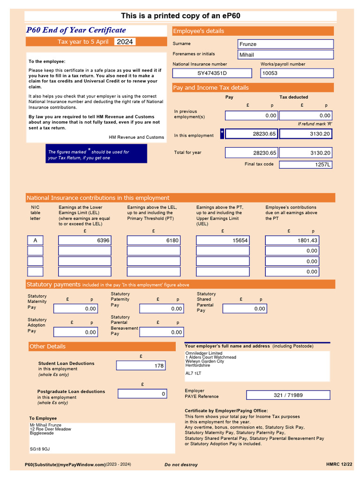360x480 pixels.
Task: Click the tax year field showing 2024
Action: click(x=125, y=42)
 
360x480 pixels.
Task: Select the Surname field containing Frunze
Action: click(x=286, y=44)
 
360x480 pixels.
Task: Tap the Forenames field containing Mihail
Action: click(x=286, y=55)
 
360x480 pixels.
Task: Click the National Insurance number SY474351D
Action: click(x=212, y=73)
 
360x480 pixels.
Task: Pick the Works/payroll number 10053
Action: click(x=297, y=73)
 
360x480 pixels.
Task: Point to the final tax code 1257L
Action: click(x=306, y=165)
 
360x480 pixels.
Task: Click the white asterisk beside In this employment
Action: click(x=222, y=134)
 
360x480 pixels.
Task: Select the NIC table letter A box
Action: click(x=35, y=240)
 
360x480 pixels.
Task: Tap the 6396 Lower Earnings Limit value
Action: click(x=84, y=240)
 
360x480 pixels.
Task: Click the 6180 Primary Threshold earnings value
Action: click(x=153, y=240)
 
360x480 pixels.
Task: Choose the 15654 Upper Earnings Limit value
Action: click(x=223, y=240)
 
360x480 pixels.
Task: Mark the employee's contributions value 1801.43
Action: click(x=292, y=240)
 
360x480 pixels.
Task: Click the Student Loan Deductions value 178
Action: click(x=141, y=366)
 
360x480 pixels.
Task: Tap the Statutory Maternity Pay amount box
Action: click(x=75, y=308)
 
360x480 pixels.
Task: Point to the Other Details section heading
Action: click(x=47, y=346)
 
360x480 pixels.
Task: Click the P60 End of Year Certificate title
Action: click(x=76, y=30)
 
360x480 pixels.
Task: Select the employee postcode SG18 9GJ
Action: click(x=40, y=449)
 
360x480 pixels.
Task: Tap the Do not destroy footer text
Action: click(x=181, y=465)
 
